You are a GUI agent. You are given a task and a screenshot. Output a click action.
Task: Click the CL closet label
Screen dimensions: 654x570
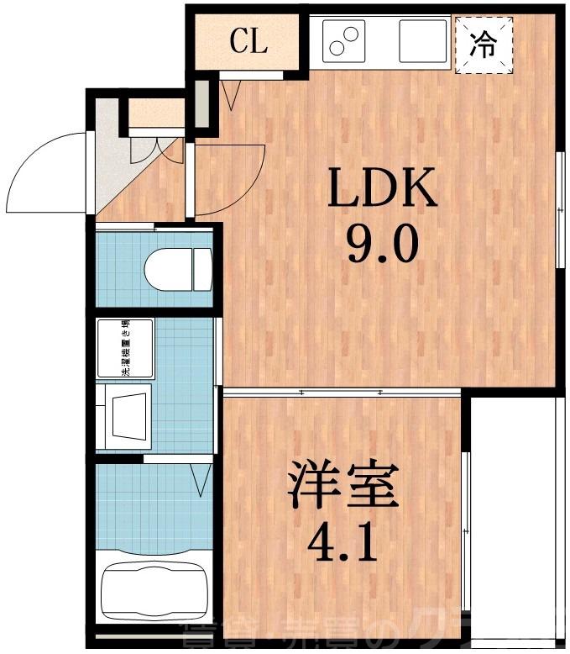[x=248, y=42]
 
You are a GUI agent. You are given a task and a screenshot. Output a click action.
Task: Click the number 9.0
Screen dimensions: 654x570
[x=382, y=245]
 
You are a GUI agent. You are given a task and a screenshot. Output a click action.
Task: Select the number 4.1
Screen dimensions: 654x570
[x=343, y=543]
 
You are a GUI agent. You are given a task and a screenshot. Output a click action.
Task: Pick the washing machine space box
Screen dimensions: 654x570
[x=125, y=348]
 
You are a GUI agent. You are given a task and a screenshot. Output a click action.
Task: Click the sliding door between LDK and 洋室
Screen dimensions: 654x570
[x=342, y=392]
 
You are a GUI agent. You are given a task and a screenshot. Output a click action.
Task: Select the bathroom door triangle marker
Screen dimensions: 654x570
[x=201, y=480]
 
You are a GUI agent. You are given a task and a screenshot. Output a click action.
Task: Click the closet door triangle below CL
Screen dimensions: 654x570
[x=232, y=93]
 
